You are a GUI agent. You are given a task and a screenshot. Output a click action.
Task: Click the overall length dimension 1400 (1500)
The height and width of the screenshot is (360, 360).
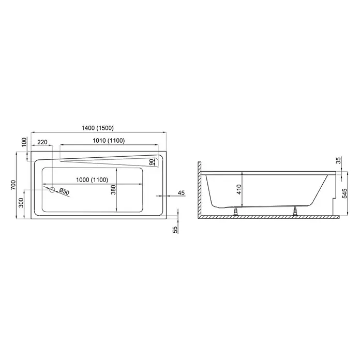(x=98, y=128)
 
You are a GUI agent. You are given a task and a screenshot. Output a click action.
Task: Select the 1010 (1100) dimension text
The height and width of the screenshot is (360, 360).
(x=109, y=141)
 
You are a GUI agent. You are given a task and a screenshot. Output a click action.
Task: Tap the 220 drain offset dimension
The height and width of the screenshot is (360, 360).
(x=42, y=142)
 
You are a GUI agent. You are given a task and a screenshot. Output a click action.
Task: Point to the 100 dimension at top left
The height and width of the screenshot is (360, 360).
(x=24, y=143)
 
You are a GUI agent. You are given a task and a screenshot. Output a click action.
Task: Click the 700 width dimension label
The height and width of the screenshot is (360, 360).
(x=13, y=185)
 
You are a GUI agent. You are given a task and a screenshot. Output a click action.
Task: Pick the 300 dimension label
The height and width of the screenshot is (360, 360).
(x=21, y=203)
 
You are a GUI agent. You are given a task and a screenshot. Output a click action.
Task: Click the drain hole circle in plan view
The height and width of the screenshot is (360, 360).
(x=52, y=190)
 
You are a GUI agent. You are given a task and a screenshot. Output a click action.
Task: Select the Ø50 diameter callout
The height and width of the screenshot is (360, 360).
(x=64, y=191)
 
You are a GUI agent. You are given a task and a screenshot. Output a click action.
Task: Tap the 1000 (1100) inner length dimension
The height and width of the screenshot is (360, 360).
(x=92, y=180)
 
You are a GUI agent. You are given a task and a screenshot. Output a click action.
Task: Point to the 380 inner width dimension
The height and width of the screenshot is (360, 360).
(x=113, y=190)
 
